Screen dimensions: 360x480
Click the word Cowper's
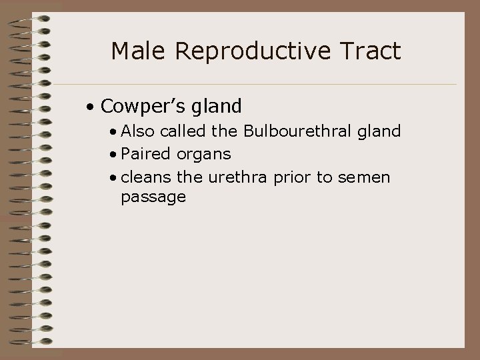point(140,106)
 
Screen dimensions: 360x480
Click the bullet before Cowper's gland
point(89,107)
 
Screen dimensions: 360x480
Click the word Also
point(137,131)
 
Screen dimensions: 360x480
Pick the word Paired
point(145,154)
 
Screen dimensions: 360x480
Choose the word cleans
point(146,177)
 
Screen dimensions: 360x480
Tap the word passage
point(153,198)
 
